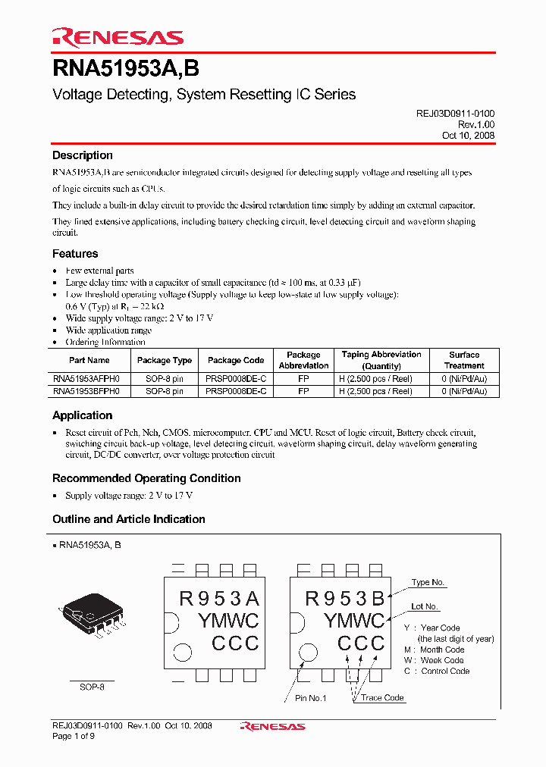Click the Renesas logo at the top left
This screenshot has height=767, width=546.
118,37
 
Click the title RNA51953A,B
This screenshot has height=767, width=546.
126,69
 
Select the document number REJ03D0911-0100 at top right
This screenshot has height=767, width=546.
455,113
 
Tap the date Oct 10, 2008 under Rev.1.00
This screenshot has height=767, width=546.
468,136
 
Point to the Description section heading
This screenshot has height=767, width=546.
82,155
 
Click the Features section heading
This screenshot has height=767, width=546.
75,254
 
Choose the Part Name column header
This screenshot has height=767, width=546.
89,361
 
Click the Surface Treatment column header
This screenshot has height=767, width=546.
464,360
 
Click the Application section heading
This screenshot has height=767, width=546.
82,415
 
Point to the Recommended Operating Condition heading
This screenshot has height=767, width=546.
146,478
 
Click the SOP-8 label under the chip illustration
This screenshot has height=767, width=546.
92,687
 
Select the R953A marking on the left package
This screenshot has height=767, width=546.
219,599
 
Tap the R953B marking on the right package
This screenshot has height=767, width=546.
345,599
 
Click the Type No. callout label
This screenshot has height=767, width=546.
428,582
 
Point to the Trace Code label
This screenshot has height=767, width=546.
382,697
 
